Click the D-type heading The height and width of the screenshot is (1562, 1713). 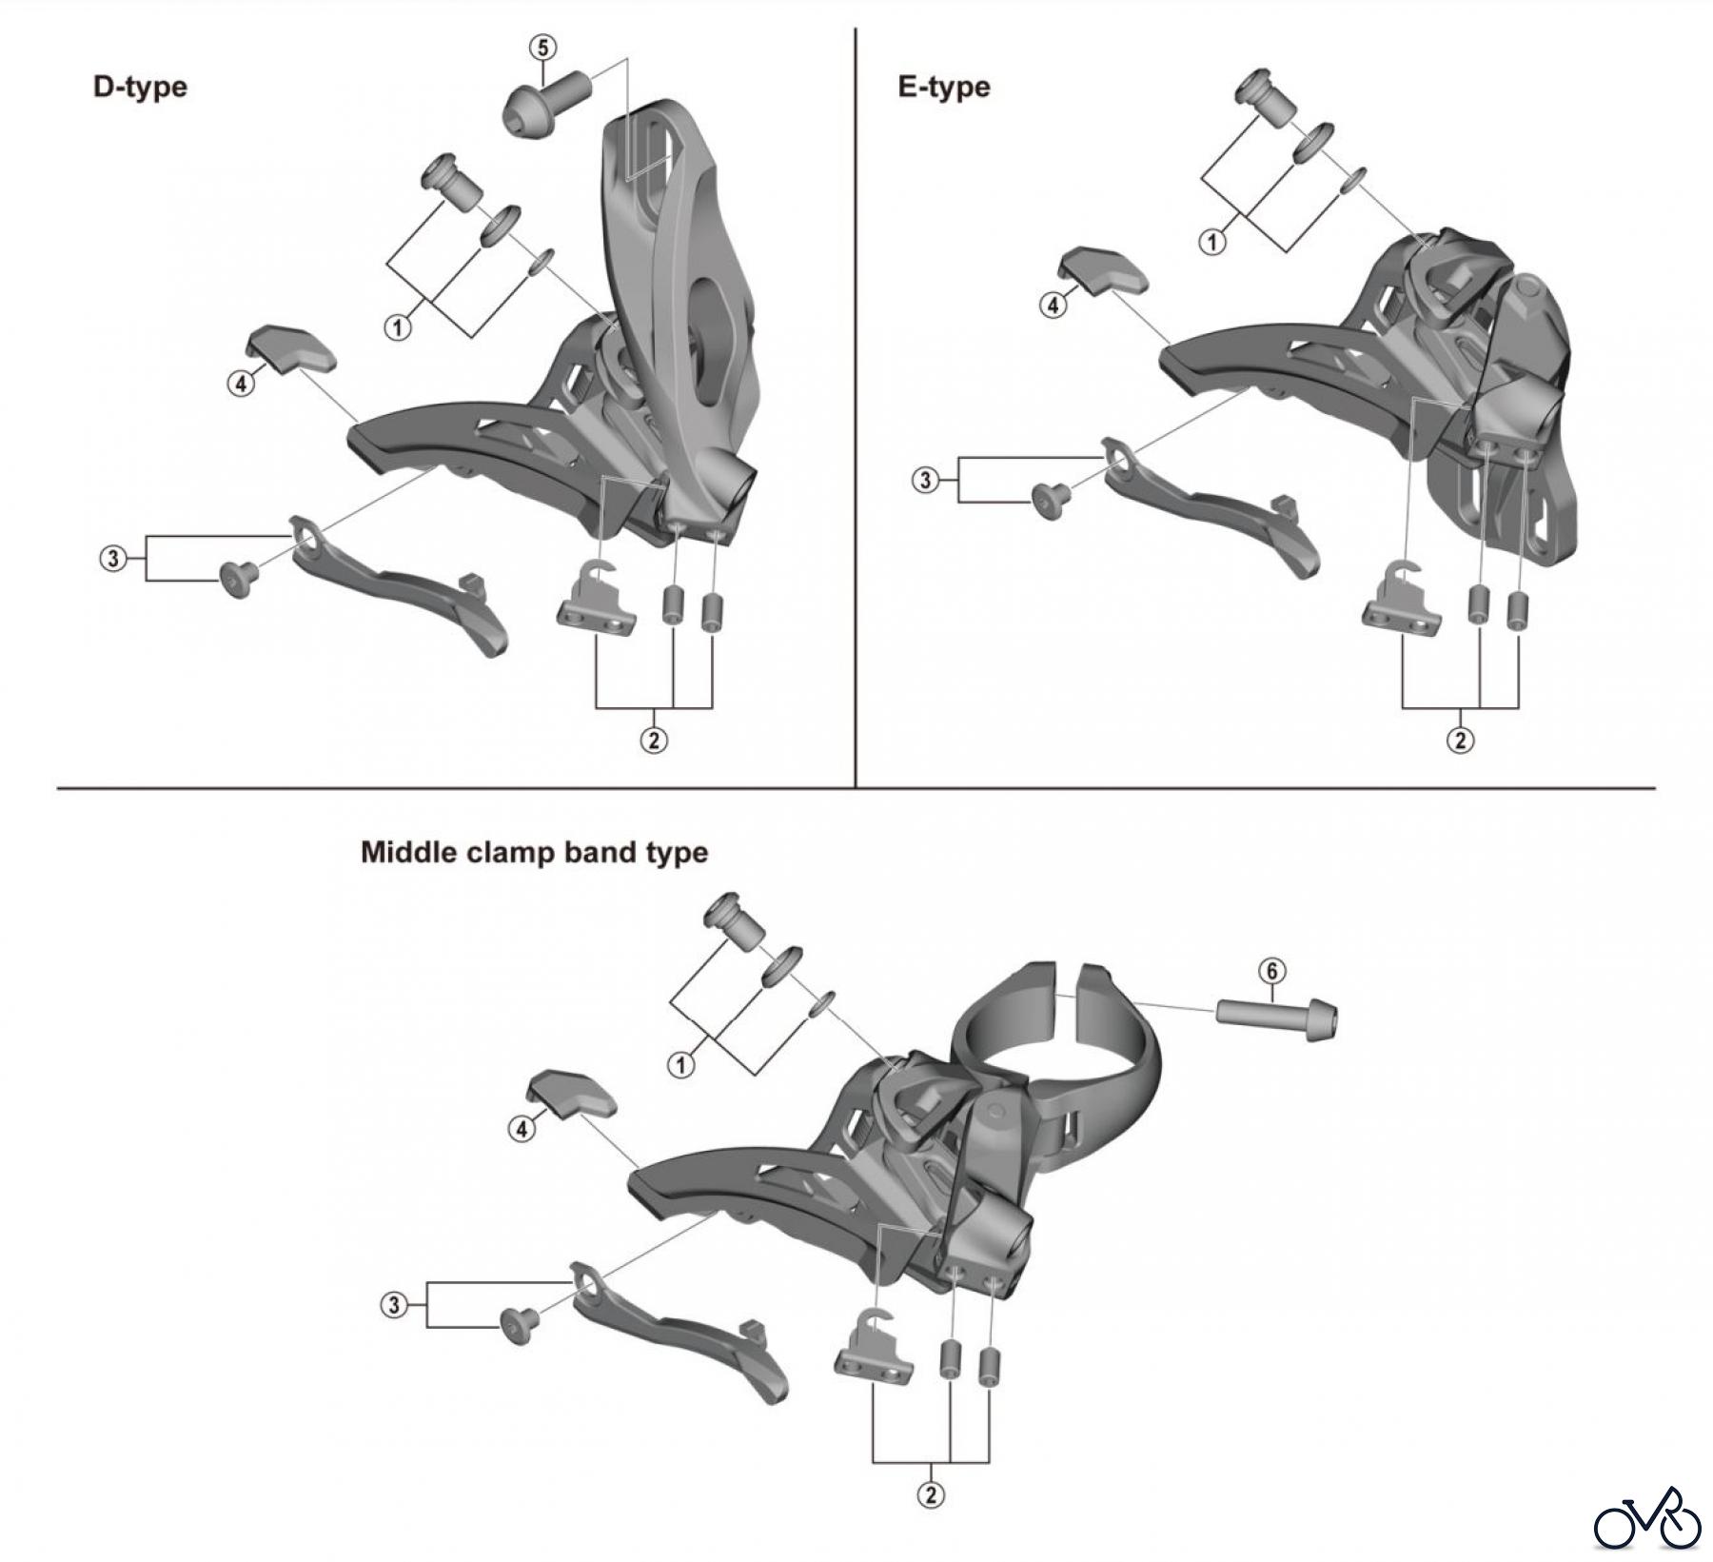[x=140, y=87]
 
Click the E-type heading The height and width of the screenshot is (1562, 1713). [x=943, y=87]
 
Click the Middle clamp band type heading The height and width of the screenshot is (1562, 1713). [x=534, y=851]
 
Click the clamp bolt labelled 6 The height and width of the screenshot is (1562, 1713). [x=1275, y=1018]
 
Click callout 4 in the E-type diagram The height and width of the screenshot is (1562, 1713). [x=1053, y=306]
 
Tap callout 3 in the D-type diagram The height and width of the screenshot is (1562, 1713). [x=113, y=558]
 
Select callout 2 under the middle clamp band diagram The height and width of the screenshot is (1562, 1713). [x=931, y=1494]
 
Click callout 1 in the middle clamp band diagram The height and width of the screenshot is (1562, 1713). [x=680, y=1065]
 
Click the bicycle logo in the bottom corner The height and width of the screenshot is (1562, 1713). [x=1647, y=1519]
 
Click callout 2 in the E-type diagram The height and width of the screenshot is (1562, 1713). [x=1460, y=740]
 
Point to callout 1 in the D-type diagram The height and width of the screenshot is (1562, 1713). [x=397, y=328]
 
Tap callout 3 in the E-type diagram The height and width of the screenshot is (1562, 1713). [x=926, y=481]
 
